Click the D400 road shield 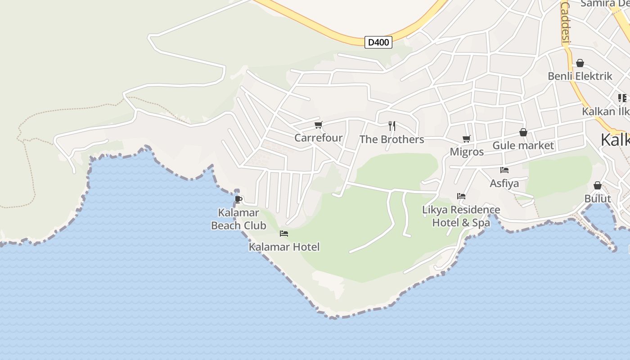pyautogui.click(x=378, y=42)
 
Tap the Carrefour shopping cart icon pyautogui.click(x=318, y=125)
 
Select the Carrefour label pyautogui.click(x=318, y=138)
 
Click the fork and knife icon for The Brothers pyautogui.click(x=392, y=126)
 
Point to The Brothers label pyautogui.click(x=391, y=139)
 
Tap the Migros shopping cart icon pyautogui.click(x=466, y=139)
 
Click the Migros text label pyautogui.click(x=467, y=152)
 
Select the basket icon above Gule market pyautogui.click(x=523, y=132)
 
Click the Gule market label pyautogui.click(x=523, y=145)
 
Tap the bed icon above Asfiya pyautogui.click(x=504, y=170)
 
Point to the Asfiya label pyautogui.click(x=504, y=183)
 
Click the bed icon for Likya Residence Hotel pyautogui.click(x=461, y=196)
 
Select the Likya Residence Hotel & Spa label pyautogui.click(x=461, y=216)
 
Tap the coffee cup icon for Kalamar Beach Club pyautogui.click(x=238, y=199)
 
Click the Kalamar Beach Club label pyautogui.click(x=238, y=219)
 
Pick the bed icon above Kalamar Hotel pyautogui.click(x=283, y=233)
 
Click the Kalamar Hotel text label pyautogui.click(x=284, y=247)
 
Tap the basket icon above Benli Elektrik pyautogui.click(x=580, y=63)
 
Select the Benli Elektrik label pyautogui.click(x=580, y=76)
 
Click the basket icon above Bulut pyautogui.click(x=597, y=185)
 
